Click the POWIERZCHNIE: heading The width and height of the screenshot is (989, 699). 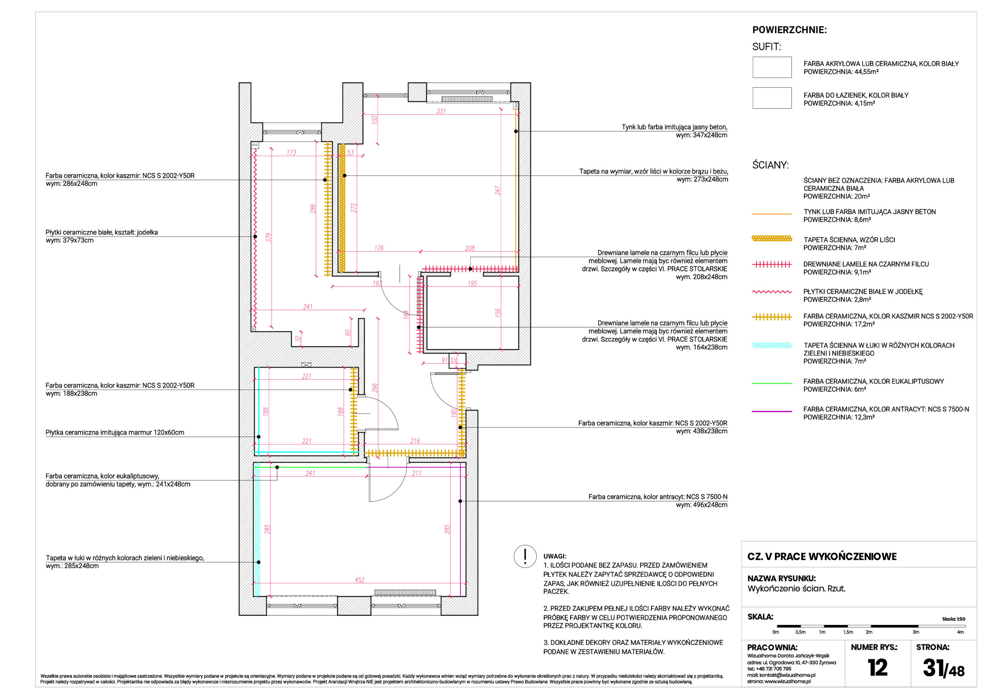[x=789, y=30]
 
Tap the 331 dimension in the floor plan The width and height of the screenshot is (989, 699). [x=441, y=111]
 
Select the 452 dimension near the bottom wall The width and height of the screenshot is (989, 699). [x=360, y=580]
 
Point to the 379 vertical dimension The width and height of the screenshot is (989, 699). [x=268, y=237]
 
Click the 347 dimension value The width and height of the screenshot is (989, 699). [x=498, y=191]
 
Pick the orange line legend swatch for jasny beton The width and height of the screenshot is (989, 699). [x=771, y=214]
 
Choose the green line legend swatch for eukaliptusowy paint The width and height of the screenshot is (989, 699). [x=771, y=383]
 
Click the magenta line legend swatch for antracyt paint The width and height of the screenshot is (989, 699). [x=771, y=411]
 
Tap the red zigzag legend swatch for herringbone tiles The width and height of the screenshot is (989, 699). [x=771, y=292]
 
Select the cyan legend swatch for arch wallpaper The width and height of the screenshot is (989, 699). [x=771, y=345]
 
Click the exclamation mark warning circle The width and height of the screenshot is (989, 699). [x=525, y=556]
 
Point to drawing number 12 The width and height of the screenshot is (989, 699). [x=877, y=668]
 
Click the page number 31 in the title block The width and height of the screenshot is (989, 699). [x=933, y=668]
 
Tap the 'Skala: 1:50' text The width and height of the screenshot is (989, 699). [x=953, y=619]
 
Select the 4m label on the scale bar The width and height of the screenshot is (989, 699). [x=960, y=632]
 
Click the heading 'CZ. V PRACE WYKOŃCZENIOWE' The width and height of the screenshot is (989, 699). [x=821, y=556]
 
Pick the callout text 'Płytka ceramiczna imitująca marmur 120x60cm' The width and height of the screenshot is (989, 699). [x=115, y=433]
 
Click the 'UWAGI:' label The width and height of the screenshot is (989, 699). [x=555, y=556]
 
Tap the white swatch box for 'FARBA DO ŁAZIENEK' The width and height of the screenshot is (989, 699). [x=772, y=98]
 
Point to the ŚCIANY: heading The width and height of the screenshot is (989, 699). [x=770, y=165]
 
